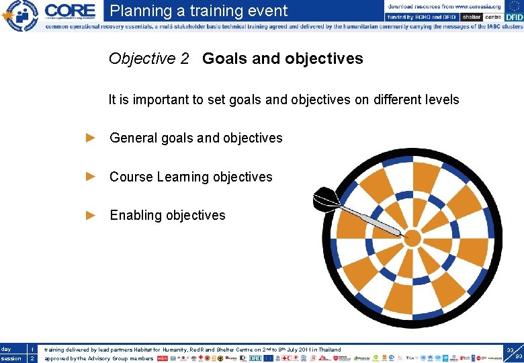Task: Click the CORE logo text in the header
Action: (x=70, y=11)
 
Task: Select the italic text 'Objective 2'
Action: (x=148, y=58)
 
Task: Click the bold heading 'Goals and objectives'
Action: (x=282, y=58)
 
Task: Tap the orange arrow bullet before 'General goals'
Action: (x=91, y=138)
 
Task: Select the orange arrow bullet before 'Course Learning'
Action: (x=91, y=177)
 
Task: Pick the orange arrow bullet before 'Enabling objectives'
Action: (x=91, y=215)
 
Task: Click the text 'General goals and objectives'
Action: (x=195, y=138)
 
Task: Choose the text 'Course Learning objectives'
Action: (x=191, y=177)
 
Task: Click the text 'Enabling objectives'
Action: (x=167, y=215)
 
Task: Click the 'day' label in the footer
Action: (x=6, y=350)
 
